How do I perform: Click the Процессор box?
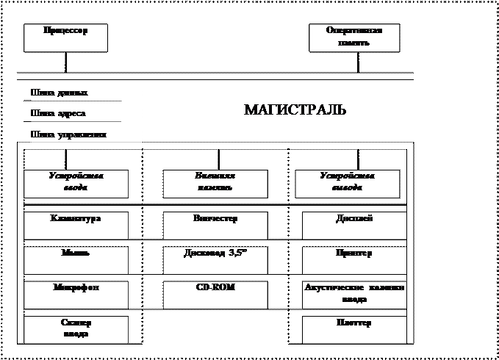click(65, 38)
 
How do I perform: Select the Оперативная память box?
click(354, 38)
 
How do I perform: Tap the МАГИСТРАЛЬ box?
click(295, 116)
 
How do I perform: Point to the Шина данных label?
click(86, 94)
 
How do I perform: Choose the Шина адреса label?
click(86, 115)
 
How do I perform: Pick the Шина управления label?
click(86, 136)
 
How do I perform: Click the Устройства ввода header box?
click(75, 184)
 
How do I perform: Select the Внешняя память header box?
click(215, 184)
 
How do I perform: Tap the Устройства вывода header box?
click(347, 184)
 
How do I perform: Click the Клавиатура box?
click(76, 226)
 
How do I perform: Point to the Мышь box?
click(76, 260)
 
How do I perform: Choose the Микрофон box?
click(76, 295)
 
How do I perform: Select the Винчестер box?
click(215, 226)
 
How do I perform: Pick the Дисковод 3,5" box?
click(215, 260)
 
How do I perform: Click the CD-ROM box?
click(215, 295)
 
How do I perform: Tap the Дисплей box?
click(354, 226)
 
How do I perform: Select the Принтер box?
click(354, 260)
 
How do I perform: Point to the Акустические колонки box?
click(354, 295)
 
